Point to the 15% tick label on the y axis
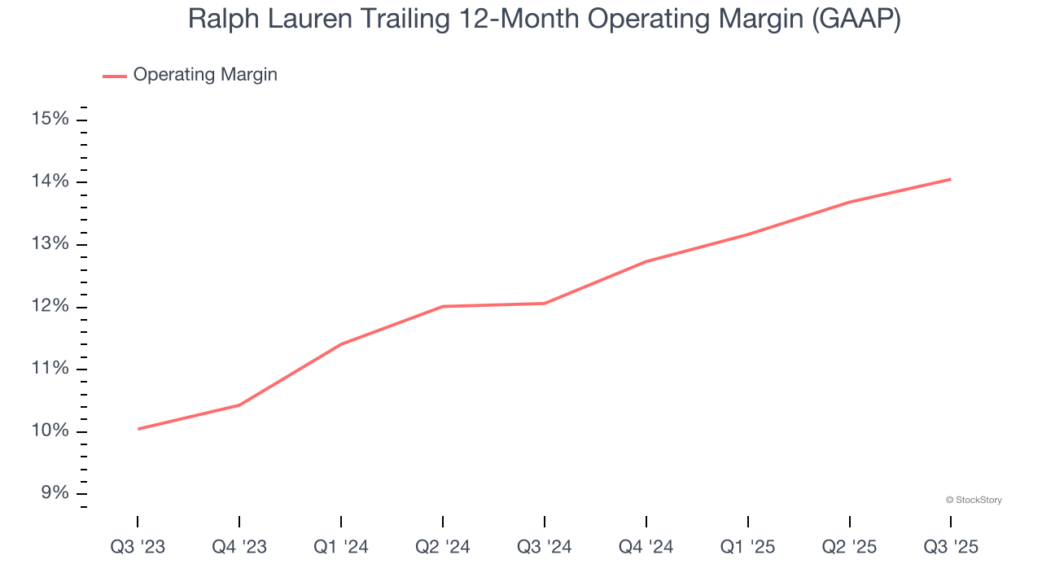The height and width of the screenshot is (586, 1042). tap(50, 120)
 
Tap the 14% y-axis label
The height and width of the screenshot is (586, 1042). tap(50, 181)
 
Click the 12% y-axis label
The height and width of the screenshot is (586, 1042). tap(50, 307)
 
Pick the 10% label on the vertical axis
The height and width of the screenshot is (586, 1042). tap(50, 431)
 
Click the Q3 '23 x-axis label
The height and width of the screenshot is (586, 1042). tap(138, 547)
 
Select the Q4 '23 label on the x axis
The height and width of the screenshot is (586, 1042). tap(239, 547)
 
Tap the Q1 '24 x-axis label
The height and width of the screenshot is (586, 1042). tap(341, 547)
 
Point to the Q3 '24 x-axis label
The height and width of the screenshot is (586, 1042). tap(544, 547)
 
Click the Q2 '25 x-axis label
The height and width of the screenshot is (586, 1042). tap(849, 547)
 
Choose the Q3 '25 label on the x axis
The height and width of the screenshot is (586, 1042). tap(951, 547)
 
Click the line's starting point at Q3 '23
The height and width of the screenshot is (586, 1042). tap(138, 429)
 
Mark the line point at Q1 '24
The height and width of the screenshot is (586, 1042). tap(341, 343)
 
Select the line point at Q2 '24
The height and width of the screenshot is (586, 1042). tap(443, 306)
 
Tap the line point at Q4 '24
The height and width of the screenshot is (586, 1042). tap(646, 261)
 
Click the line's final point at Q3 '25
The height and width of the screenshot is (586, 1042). tap(951, 179)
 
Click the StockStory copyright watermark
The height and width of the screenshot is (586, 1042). tap(974, 500)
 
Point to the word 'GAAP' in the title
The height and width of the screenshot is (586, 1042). tap(856, 20)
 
